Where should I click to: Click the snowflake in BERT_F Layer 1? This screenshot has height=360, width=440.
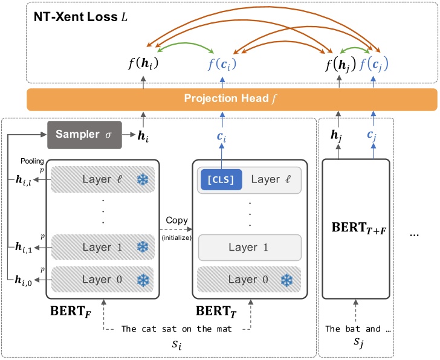[x=143, y=246]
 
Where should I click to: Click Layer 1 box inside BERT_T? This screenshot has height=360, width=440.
[x=250, y=247]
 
